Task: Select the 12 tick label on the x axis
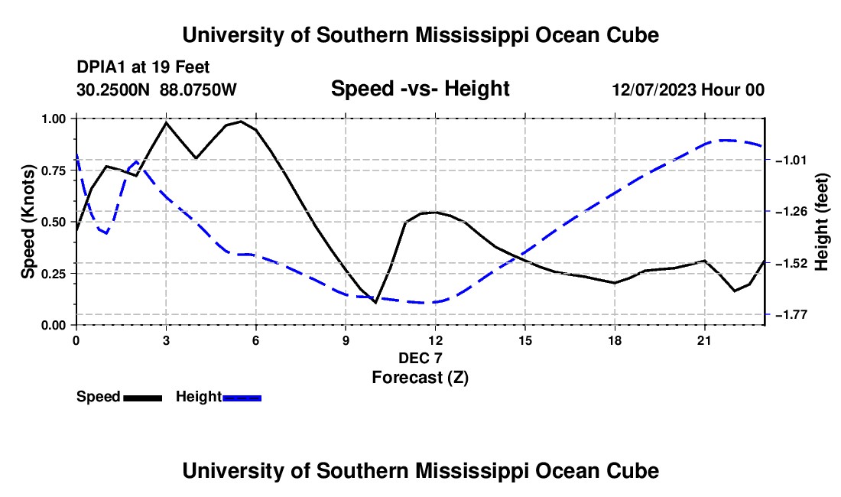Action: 436,340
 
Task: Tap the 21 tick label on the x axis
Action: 704,340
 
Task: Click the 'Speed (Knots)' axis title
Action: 28,222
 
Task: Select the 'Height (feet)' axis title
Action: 821,222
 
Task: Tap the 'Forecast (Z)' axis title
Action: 420,378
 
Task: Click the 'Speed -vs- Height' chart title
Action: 420,89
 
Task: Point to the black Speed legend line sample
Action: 143,398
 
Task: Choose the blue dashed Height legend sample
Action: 242,398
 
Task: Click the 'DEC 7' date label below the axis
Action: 420,358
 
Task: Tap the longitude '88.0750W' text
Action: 198,90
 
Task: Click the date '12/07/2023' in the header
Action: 654,90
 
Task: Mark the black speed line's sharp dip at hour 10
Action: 375,302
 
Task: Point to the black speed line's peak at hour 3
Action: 166,122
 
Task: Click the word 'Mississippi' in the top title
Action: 472,35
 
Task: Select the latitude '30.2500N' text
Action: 113,90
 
